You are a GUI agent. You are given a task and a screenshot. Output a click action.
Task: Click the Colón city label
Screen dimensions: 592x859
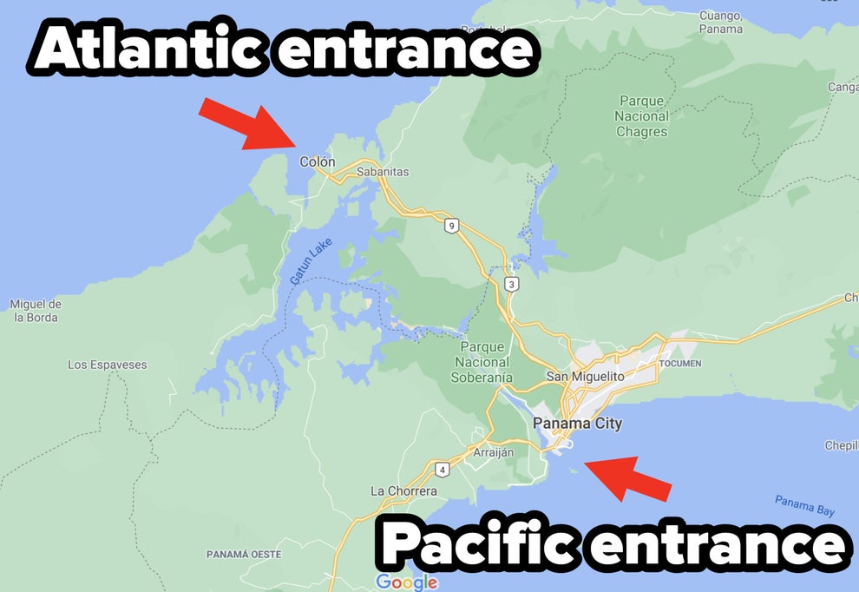click(317, 162)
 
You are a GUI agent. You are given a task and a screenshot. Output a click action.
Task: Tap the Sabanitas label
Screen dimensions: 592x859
click(382, 172)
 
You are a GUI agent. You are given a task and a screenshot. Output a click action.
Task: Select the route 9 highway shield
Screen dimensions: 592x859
click(450, 226)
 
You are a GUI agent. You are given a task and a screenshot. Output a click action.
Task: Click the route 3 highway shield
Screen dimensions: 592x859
click(512, 284)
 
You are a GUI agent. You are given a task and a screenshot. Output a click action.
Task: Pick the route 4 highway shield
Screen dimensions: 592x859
click(442, 470)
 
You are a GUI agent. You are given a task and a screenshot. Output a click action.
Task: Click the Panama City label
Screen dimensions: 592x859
click(577, 424)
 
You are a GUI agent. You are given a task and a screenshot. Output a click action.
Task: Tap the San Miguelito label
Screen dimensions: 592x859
click(585, 377)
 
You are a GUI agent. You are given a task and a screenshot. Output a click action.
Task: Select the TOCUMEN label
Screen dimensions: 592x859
click(679, 363)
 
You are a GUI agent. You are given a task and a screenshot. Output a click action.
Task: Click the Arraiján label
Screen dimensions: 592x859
click(493, 452)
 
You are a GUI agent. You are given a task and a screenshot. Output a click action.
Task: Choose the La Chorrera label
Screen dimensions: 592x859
click(403, 490)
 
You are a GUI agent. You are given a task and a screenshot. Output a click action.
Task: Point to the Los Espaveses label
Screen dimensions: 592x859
click(108, 365)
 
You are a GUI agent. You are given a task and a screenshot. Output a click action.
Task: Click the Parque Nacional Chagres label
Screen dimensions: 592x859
click(642, 116)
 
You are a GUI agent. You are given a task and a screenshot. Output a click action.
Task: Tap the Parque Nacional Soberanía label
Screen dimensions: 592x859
click(482, 362)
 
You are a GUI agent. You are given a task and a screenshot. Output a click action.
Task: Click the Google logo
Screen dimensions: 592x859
click(406, 582)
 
